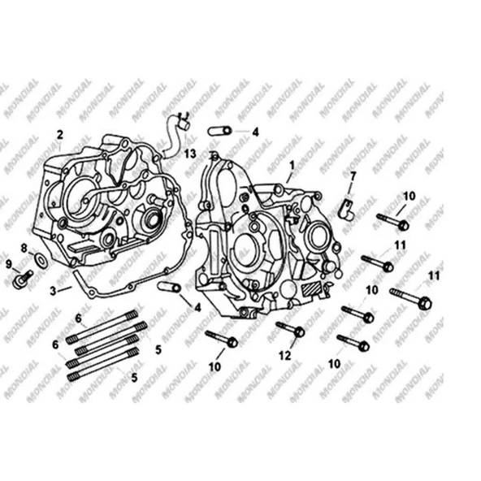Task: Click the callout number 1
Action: tap(292, 166)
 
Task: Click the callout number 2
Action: tap(60, 135)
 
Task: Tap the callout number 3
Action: tap(54, 291)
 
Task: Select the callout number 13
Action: tap(190, 154)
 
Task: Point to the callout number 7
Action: tap(353, 176)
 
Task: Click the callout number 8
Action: tap(24, 248)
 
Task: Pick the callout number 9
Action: tap(9, 264)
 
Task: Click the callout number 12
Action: tap(284, 356)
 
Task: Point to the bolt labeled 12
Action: tap(290, 329)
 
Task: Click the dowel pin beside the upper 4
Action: tap(220, 131)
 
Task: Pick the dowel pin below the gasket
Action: tap(169, 287)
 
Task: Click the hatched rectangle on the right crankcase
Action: tap(311, 288)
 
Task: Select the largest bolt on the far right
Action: tap(411, 298)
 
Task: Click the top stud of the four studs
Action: tap(102, 327)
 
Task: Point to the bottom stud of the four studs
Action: tap(102, 365)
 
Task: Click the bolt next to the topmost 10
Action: tap(392, 221)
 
